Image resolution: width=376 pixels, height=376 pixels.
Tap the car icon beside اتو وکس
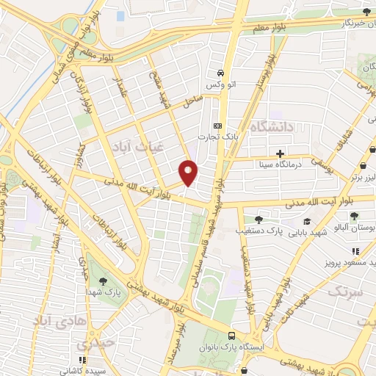coord(220,73)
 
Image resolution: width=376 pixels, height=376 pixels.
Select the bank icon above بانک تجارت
coord(217,126)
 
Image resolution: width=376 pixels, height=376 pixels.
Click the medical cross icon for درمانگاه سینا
coord(280,154)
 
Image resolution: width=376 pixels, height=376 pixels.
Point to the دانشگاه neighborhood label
coord(272,127)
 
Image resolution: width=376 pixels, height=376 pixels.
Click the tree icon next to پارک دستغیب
coord(257,219)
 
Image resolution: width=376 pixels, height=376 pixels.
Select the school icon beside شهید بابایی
coord(306,223)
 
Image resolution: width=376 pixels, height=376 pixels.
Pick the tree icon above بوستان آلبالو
coord(355,216)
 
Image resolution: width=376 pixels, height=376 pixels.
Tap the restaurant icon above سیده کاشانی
coord(82,360)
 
